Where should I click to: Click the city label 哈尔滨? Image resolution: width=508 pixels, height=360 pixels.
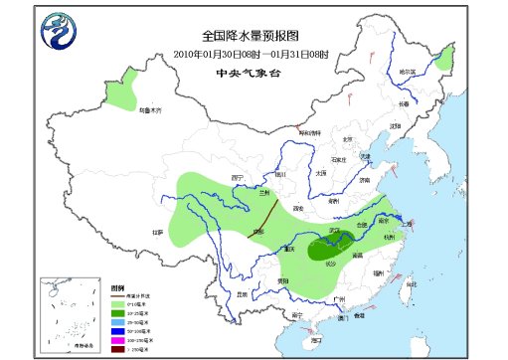(x=408, y=72)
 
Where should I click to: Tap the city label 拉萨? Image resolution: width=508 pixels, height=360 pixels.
(x=157, y=232)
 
